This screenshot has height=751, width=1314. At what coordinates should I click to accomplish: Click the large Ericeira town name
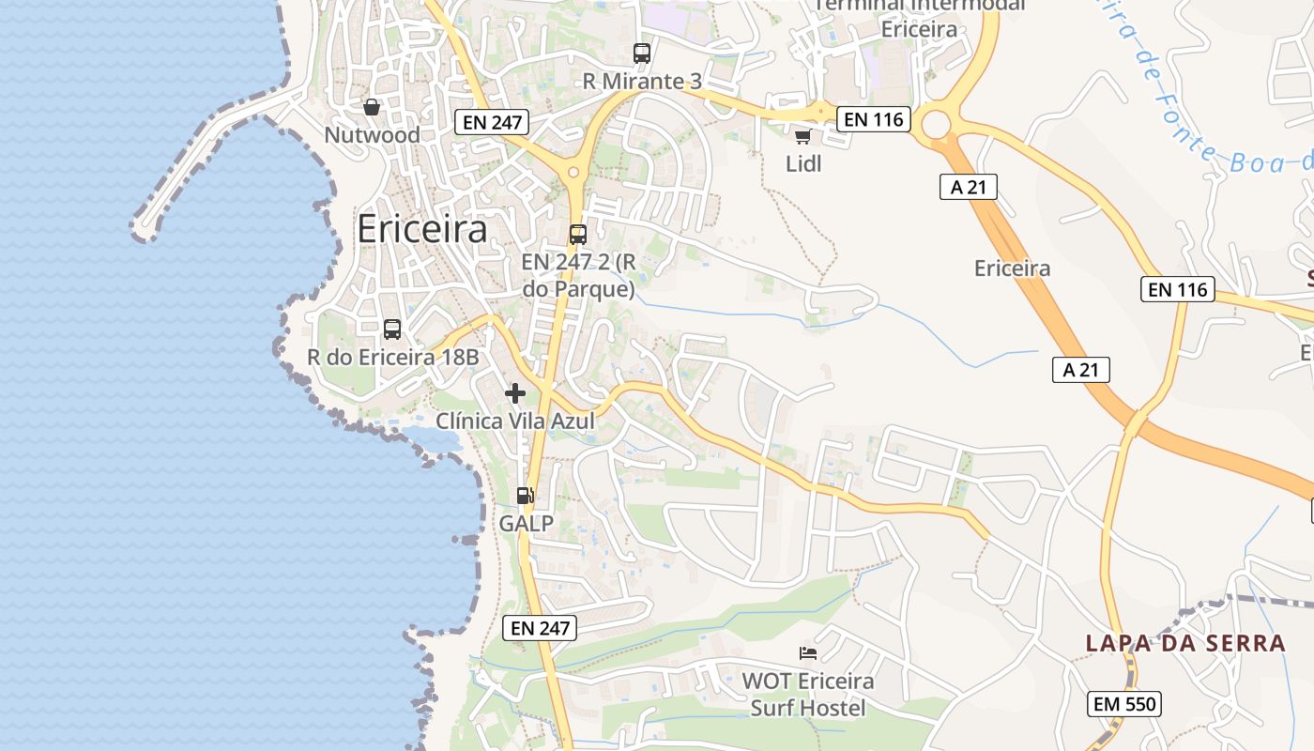pyautogui.click(x=422, y=229)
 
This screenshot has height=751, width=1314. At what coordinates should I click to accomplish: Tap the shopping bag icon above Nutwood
pyautogui.click(x=372, y=106)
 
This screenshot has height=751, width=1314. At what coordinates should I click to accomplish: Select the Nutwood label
pyautogui.click(x=372, y=135)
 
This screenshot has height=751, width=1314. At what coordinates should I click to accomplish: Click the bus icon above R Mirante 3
pyautogui.click(x=642, y=54)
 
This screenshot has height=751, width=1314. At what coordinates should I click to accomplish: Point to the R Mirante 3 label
pyautogui.click(x=642, y=82)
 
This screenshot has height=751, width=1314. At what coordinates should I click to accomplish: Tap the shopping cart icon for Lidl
pyautogui.click(x=802, y=137)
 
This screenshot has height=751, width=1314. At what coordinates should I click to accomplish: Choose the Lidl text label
pyautogui.click(x=803, y=163)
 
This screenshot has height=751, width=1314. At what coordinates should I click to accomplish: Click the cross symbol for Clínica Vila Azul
pyautogui.click(x=515, y=393)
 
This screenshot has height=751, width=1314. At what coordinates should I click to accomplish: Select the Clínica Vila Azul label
pyautogui.click(x=515, y=421)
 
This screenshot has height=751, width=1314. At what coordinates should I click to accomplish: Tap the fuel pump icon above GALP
pyautogui.click(x=526, y=495)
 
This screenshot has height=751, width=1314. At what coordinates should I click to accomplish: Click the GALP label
pyautogui.click(x=526, y=523)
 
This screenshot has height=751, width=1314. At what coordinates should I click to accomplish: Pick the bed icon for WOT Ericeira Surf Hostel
pyautogui.click(x=808, y=652)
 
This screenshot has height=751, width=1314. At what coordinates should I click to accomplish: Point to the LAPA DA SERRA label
pyautogui.click(x=1185, y=643)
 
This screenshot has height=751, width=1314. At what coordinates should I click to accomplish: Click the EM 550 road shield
pyautogui.click(x=1125, y=703)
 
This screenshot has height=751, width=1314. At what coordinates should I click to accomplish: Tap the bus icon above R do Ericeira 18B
pyautogui.click(x=392, y=330)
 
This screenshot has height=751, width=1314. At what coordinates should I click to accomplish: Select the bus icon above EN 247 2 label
pyautogui.click(x=578, y=235)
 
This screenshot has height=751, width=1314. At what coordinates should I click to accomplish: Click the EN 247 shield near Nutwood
pyautogui.click(x=492, y=121)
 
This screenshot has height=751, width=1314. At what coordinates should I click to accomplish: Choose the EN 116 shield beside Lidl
pyautogui.click(x=874, y=119)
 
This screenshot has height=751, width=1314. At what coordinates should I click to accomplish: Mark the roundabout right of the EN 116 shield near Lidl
pyautogui.click(x=937, y=123)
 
